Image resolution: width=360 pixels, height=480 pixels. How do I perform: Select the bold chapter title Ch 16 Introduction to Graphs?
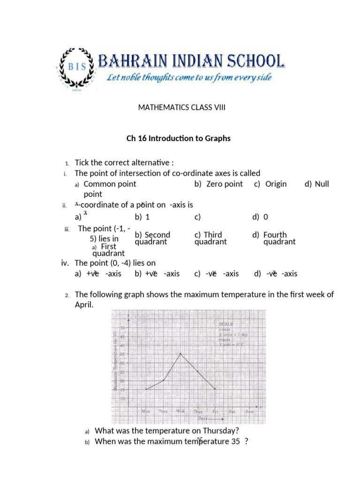click(x=179, y=139)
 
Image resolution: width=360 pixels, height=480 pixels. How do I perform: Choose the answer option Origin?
click(x=276, y=184)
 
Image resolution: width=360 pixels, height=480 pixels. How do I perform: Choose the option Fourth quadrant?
click(x=277, y=238)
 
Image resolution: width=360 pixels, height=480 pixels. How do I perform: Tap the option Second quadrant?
click(x=152, y=238)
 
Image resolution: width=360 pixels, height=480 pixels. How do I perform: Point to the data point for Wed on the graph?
click(x=181, y=353)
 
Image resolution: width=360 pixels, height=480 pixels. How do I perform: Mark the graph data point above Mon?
click(x=146, y=389)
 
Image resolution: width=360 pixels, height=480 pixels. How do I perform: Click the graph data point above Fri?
click(x=215, y=389)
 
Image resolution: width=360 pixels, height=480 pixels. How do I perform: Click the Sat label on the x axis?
click(x=232, y=411)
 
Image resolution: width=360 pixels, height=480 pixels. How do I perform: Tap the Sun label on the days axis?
click(x=249, y=411)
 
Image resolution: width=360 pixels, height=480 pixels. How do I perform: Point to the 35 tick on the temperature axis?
click(x=121, y=354)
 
